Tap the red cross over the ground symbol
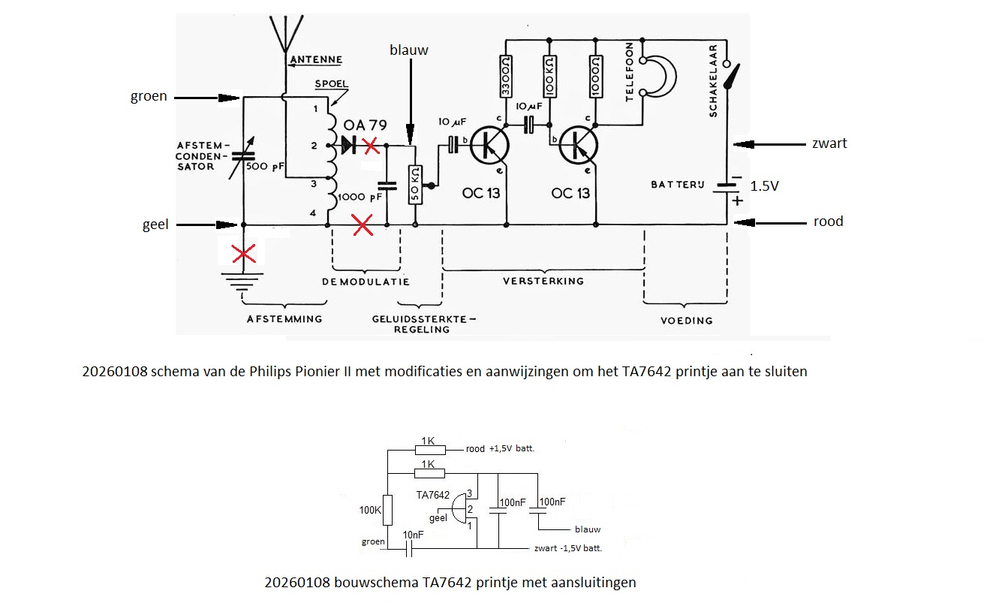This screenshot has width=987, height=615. [x=242, y=253]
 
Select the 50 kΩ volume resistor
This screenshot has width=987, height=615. [x=415, y=185]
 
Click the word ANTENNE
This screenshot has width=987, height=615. [x=314, y=59]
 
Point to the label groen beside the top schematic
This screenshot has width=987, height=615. [x=149, y=96]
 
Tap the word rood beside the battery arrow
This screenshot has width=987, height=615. [x=829, y=222]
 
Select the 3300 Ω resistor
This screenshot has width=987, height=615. [x=507, y=75]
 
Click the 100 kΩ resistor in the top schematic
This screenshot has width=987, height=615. [x=550, y=75]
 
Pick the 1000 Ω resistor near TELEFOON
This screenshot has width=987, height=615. [x=595, y=75]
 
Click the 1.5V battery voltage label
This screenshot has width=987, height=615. [x=765, y=186]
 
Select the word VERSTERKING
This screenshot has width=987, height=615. [x=543, y=281]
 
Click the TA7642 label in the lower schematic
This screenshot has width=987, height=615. [x=432, y=495]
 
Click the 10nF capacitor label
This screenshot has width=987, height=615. [x=413, y=534]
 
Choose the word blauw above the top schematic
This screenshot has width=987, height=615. [x=409, y=50]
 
